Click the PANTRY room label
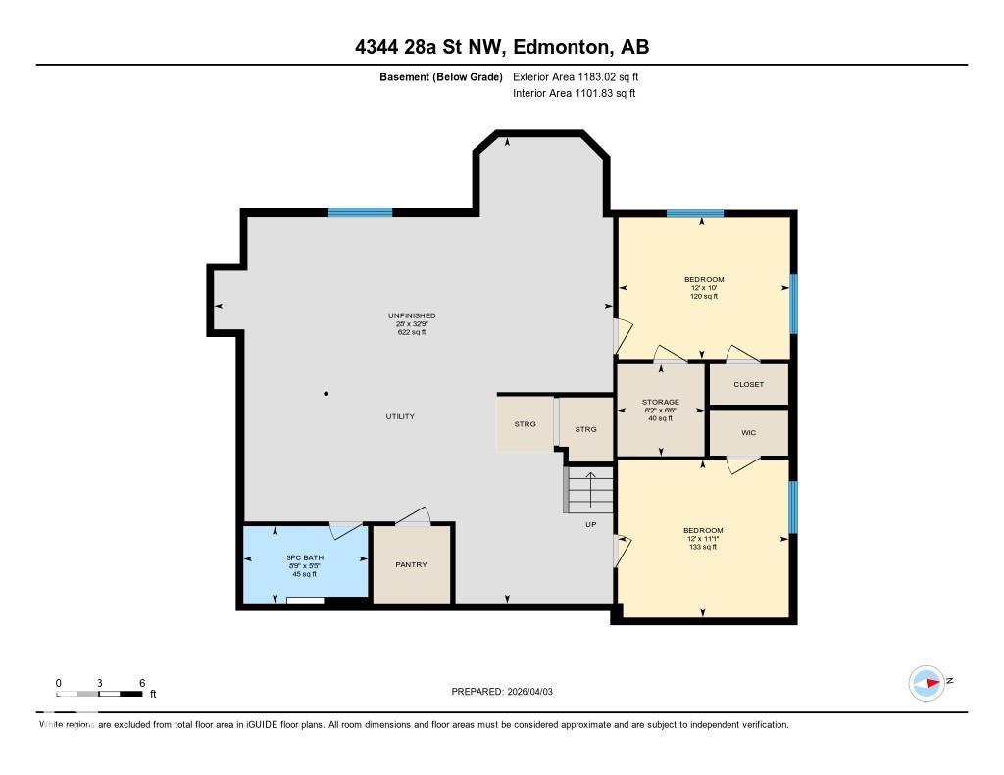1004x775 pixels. (411, 564)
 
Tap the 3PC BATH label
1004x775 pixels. (305, 558)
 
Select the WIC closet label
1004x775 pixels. (748, 432)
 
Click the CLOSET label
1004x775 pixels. (748, 384)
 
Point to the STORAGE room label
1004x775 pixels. (661, 402)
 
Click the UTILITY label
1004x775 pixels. (400, 416)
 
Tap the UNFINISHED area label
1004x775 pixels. (411, 315)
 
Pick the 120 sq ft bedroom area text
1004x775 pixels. (704, 296)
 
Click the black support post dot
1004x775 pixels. (326, 394)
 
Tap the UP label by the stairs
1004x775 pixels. (591, 524)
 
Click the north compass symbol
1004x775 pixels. (927, 682)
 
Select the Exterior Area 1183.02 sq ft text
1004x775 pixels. (576, 76)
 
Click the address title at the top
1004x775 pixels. (501, 46)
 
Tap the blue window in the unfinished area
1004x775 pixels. (360, 212)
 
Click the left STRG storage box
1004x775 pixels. (526, 423)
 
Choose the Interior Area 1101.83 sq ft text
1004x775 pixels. (574, 93)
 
